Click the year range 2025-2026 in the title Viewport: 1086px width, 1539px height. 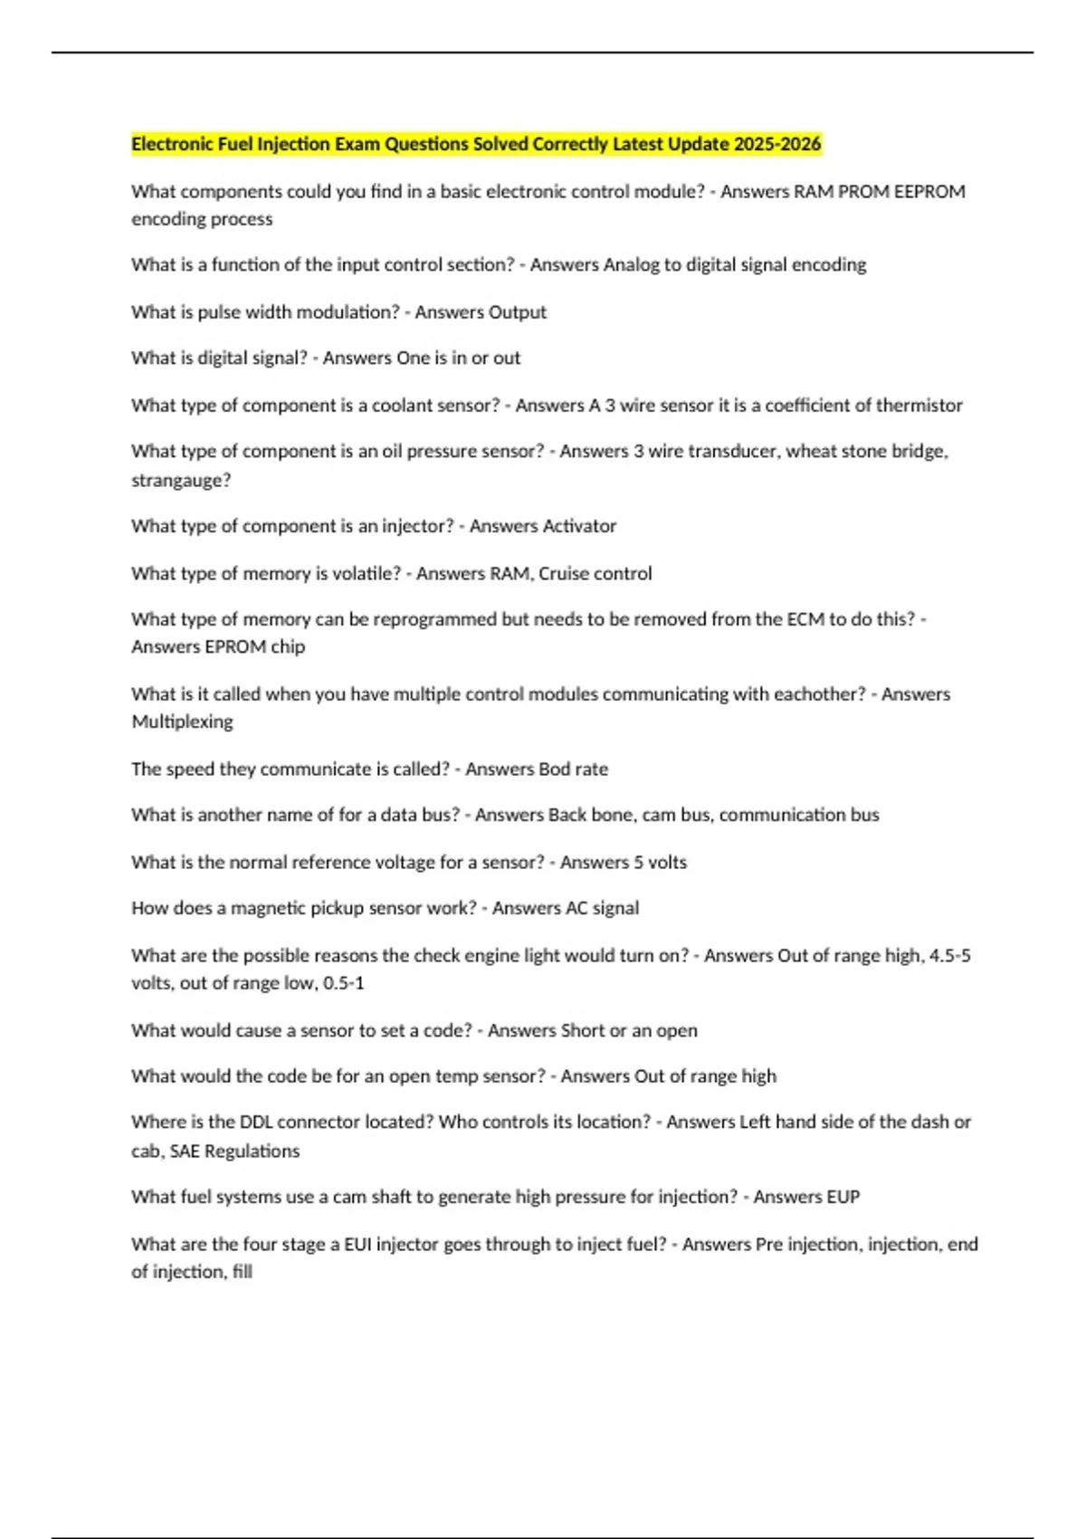[x=777, y=144]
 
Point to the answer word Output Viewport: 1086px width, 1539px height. [x=517, y=312]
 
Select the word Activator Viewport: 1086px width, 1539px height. [x=579, y=526]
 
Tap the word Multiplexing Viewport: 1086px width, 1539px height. [x=182, y=722]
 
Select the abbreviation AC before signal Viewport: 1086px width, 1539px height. [x=576, y=908]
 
